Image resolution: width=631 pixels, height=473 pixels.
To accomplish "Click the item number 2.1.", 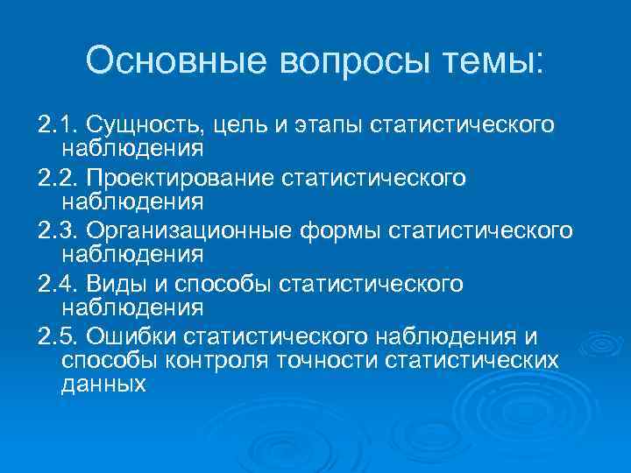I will point(57,125).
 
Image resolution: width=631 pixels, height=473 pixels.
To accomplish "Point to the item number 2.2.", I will point(57,179).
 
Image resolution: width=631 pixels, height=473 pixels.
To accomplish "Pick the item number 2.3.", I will point(57,231).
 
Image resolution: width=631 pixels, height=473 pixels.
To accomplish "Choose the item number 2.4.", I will point(57,285).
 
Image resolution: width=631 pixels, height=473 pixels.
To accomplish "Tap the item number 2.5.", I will point(57,337).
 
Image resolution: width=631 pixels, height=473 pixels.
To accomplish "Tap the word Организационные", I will point(184,231).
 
